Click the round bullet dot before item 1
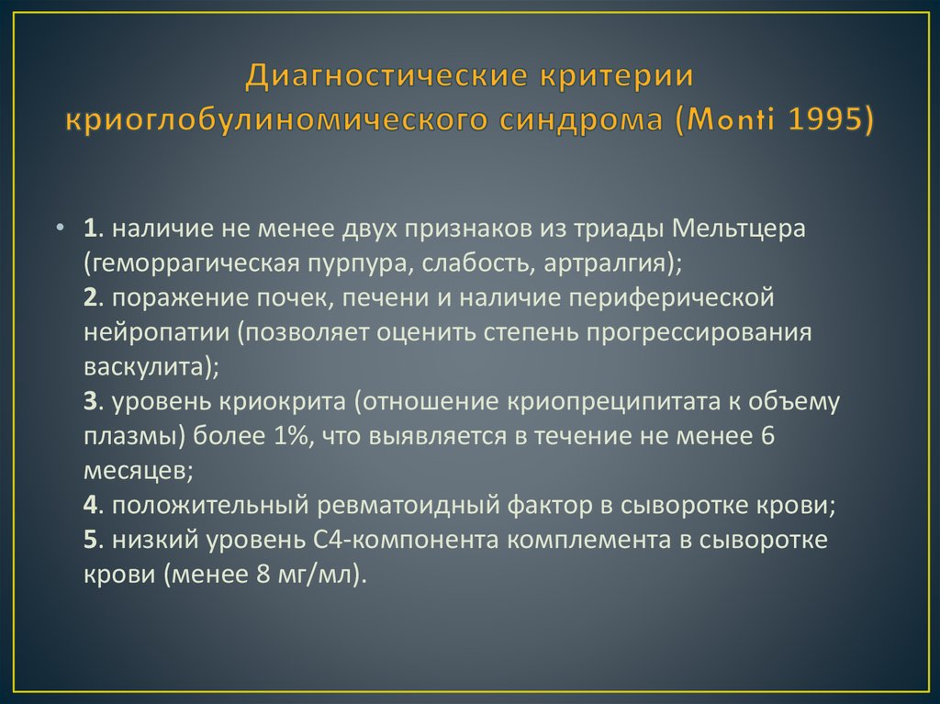point(60,229)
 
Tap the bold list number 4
point(89,507)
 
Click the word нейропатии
point(156,332)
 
